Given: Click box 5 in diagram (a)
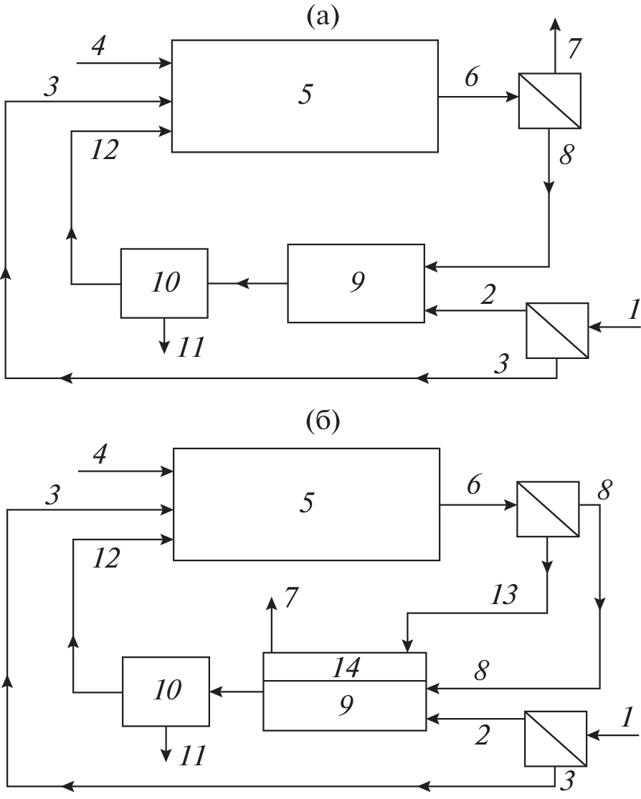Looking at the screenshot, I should [305, 96].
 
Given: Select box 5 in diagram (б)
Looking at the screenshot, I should [307, 504].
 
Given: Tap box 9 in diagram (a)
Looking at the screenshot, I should [355, 283].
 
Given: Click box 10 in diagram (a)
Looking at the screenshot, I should [164, 283].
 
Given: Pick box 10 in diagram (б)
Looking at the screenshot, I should [166, 692].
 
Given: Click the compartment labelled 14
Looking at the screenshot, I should [344, 666].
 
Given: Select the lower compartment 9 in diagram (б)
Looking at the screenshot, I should [344, 706].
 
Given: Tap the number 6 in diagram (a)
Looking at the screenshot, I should [471, 78].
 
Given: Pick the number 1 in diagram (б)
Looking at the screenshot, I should [625, 717].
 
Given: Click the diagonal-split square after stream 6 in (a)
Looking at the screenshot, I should [550, 100].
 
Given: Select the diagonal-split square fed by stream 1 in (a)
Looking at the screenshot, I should [557, 330].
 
